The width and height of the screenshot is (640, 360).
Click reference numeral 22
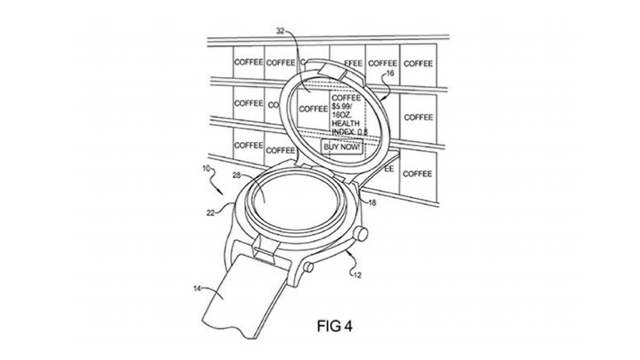(211, 211)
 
